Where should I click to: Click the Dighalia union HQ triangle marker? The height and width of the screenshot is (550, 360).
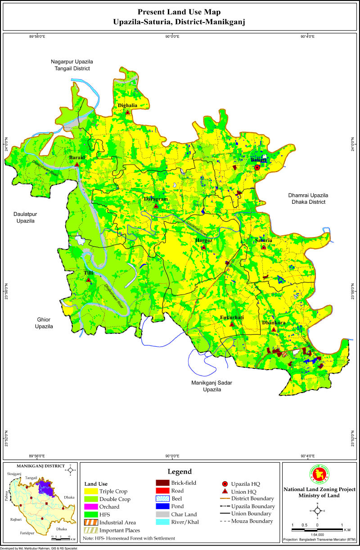[128, 112]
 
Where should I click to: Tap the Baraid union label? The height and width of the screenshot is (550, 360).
[77, 158]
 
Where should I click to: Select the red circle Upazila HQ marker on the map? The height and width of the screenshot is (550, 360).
[257, 167]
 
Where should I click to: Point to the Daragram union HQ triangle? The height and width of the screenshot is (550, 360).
[156, 206]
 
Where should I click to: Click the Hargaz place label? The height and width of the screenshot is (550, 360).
[203, 241]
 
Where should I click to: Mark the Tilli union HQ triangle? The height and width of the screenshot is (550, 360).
[89, 280]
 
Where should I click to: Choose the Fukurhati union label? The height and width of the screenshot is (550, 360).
[232, 318]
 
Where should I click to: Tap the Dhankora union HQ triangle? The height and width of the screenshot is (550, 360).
[274, 330]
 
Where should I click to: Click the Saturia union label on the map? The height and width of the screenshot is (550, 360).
[263, 241]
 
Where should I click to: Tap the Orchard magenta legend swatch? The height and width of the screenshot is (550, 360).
[90, 507]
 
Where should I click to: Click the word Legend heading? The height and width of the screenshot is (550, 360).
[180, 472]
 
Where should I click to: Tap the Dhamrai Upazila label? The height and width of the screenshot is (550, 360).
[308, 199]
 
